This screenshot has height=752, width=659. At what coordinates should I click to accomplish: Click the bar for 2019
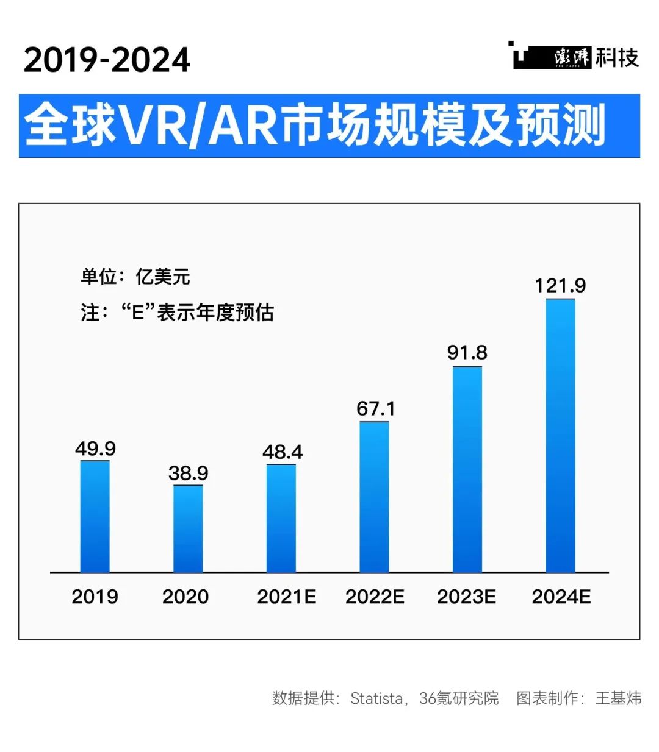pos(95,517)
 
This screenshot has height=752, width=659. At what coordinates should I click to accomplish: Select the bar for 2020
pos(188,529)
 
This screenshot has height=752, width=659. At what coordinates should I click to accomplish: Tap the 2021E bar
pos(281,519)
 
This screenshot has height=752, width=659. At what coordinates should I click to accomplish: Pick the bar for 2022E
pos(374,497)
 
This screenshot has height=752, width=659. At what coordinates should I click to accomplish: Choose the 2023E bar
pos(467,470)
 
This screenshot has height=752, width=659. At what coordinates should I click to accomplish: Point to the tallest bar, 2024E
pos(560,436)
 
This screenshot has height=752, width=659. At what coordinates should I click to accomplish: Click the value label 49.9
pos(95,449)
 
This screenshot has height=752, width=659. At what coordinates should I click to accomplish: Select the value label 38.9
pos(188,474)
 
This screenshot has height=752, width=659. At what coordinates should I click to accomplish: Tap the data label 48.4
pos(282,452)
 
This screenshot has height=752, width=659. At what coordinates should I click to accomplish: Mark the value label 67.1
pos(375,409)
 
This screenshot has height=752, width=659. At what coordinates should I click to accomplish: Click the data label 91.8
pos(467,353)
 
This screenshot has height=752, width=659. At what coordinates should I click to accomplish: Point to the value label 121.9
pos(560,286)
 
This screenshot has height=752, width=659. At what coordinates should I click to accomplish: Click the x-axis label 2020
pos(185,597)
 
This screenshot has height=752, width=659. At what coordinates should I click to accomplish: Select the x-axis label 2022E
pos(375,597)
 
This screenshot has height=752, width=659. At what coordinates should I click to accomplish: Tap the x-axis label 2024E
pos(561,597)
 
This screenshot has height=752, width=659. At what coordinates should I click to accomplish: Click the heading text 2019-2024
pos(107,60)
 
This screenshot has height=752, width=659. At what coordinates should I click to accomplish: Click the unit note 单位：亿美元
pos(135,277)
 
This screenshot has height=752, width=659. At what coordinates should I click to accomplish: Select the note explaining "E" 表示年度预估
pos(178,313)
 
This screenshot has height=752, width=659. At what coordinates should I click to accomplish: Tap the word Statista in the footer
pos(376,698)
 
